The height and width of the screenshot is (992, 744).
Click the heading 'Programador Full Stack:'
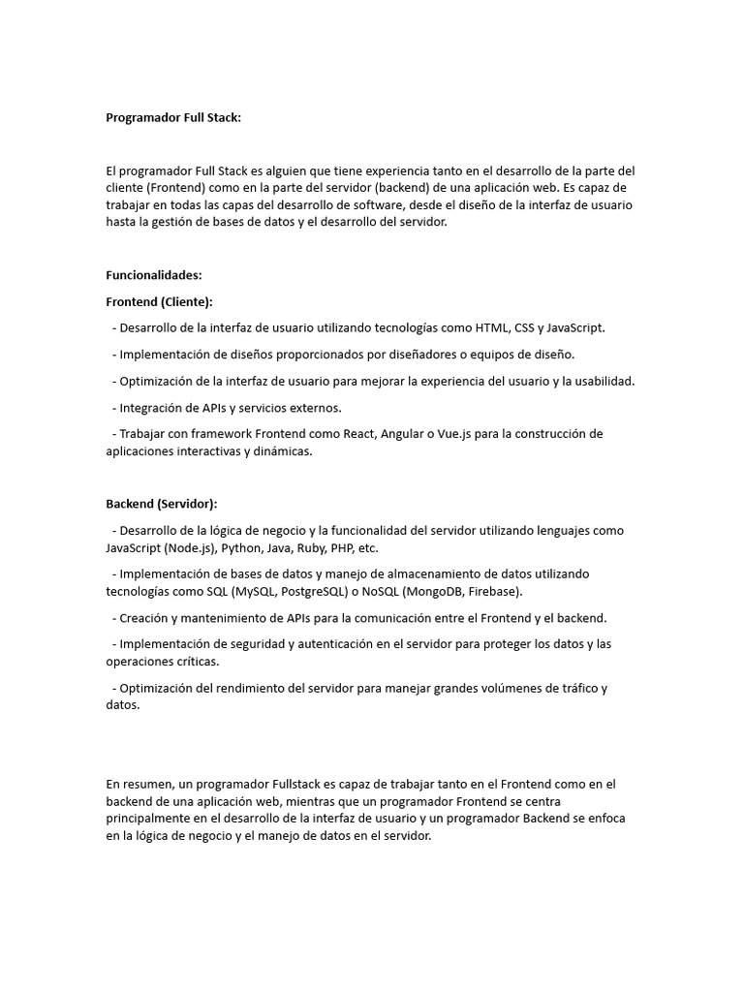[x=173, y=117]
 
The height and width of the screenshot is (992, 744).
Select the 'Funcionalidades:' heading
[x=154, y=275]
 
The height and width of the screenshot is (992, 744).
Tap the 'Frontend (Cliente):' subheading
[x=160, y=301]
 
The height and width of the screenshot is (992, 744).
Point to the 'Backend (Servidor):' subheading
[x=162, y=504]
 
